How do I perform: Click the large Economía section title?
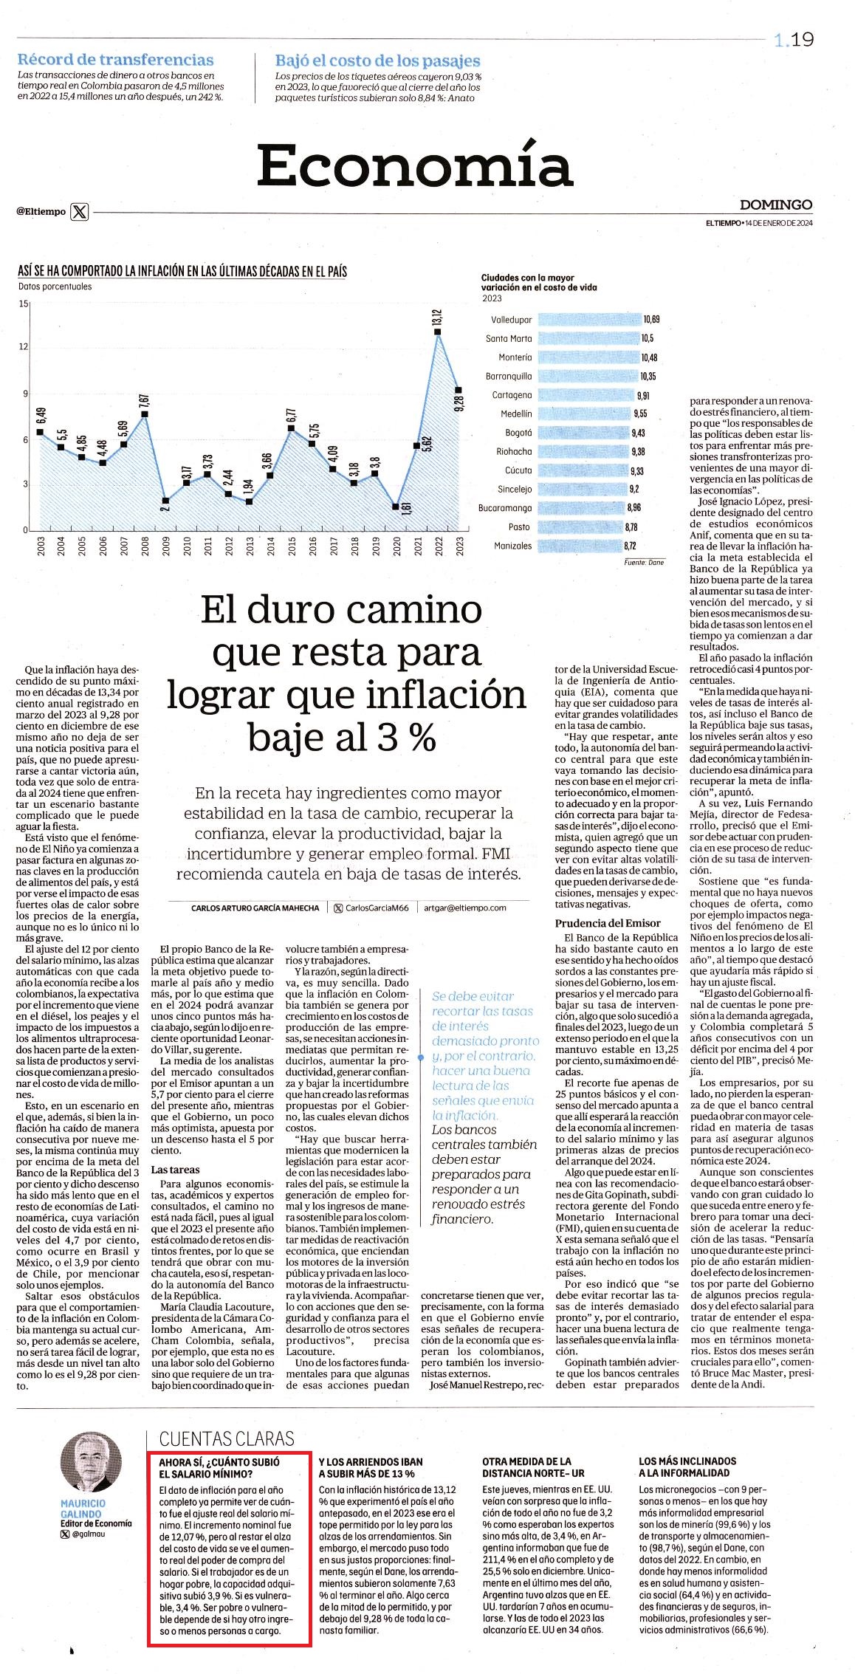[414, 165]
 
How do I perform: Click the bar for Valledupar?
[589, 320]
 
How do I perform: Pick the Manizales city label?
[512, 546]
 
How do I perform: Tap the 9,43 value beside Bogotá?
[638, 433]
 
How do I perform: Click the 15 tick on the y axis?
[24, 303]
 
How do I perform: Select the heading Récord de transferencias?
[115, 60]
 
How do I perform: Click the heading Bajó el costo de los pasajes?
[378, 61]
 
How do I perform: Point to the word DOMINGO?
[776, 205]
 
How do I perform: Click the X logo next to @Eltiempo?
[80, 212]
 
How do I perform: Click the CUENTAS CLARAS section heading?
[227, 1438]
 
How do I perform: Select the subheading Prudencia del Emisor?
[608, 922]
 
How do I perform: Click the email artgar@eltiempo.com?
[465, 908]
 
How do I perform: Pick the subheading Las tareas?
[175, 1170]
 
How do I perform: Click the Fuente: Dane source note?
[644, 562]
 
